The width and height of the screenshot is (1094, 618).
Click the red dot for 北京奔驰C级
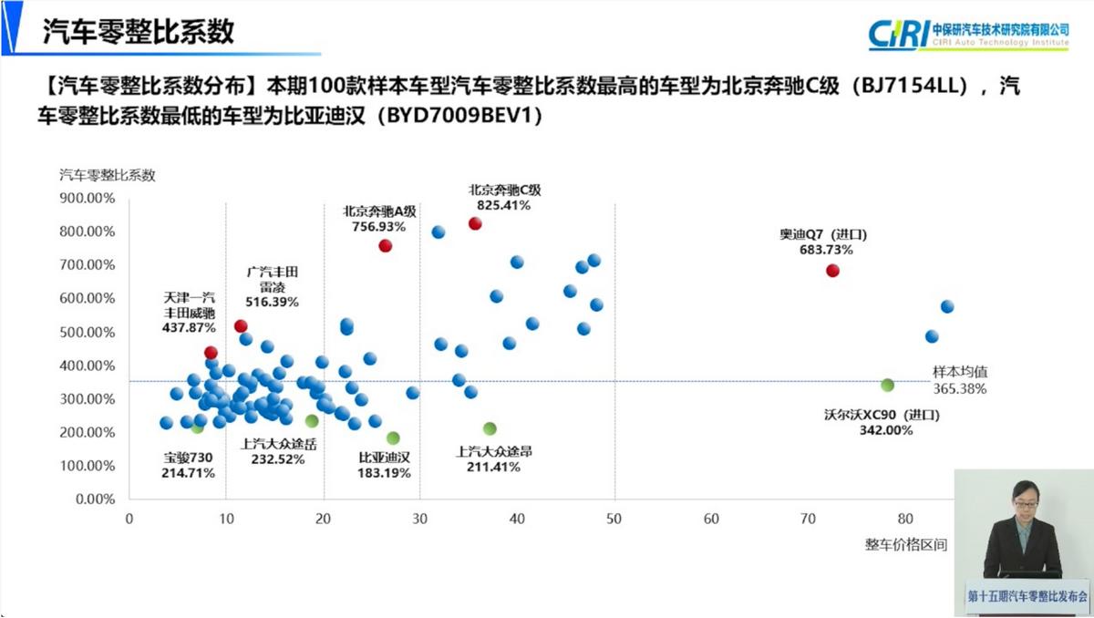[475, 223]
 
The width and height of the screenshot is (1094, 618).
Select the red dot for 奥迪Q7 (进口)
[832, 271]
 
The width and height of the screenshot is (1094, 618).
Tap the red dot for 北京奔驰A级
[386, 245]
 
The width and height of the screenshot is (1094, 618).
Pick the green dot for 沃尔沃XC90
[887, 385]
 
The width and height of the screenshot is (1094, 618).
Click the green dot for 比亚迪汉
[393, 438]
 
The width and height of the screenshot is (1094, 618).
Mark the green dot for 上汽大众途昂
[490, 428]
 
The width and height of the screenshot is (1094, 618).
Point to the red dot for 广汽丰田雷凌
[241, 326]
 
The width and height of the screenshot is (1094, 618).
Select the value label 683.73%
[826, 250]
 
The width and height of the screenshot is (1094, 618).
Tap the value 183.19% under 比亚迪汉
[384, 473]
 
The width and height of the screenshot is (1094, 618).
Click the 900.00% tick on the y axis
[88, 198]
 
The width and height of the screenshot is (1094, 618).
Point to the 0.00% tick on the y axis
[95, 500]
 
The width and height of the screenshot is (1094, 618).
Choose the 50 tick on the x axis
[614, 519]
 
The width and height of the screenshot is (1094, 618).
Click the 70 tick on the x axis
[808, 519]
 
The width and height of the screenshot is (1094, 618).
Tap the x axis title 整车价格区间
[905, 545]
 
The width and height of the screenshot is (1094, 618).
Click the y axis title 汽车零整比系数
[107, 174]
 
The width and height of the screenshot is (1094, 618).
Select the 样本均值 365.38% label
[959, 380]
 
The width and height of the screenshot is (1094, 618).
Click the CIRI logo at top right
[968, 34]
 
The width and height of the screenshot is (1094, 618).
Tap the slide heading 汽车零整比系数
[139, 31]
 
